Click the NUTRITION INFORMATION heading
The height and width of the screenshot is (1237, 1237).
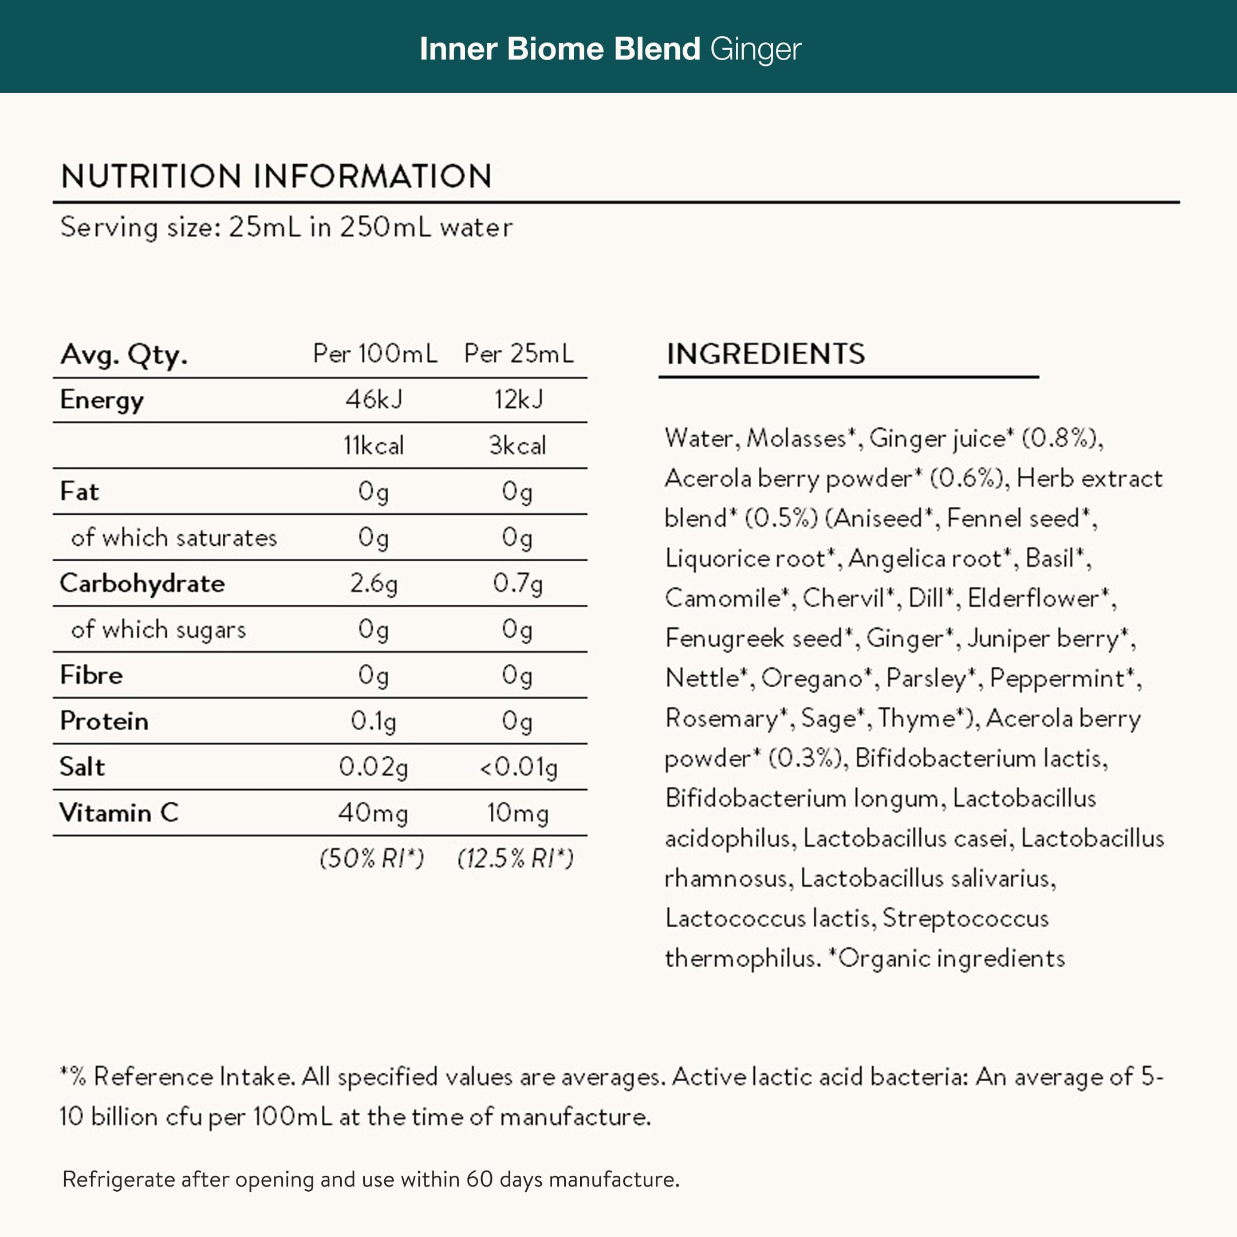277,176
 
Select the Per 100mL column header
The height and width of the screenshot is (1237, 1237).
375,353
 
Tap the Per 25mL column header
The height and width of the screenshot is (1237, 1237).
519,353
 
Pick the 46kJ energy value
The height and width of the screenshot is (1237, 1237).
374,400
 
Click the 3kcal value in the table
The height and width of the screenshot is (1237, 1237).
517,446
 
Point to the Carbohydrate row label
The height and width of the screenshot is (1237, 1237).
142,584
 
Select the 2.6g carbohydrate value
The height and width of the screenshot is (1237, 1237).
374,584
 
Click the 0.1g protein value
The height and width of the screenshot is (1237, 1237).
374,721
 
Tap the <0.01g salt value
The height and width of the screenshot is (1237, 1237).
519,767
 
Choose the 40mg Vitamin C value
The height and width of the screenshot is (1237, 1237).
373,813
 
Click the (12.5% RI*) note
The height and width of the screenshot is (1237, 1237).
515,858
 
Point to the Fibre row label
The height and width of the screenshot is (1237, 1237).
91,675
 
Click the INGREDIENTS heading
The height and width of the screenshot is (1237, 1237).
766,353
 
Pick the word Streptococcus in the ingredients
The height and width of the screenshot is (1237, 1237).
966,918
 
